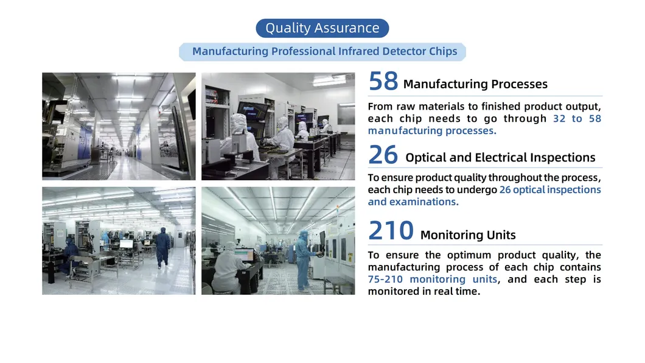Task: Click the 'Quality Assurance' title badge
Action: (322, 28)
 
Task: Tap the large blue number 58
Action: (383, 82)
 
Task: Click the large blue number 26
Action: (383, 155)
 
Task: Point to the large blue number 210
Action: (391, 231)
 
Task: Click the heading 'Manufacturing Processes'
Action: (475, 84)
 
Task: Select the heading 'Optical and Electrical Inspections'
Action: (500, 158)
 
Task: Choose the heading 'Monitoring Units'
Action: (468, 235)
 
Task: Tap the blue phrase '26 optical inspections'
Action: (549, 189)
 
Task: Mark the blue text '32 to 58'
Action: (577, 118)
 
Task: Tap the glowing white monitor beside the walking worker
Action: (126, 244)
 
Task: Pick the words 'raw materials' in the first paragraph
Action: (426, 106)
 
